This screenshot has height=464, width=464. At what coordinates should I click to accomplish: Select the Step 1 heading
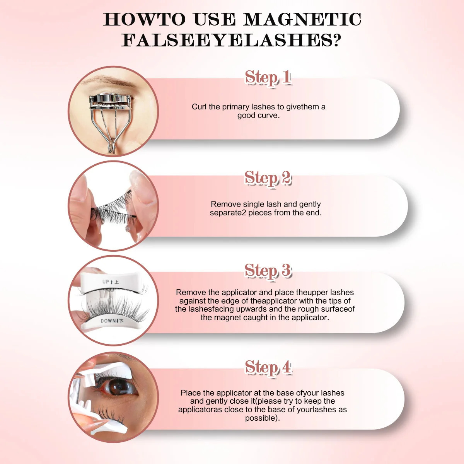[268, 78]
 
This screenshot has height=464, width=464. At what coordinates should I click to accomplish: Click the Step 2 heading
[268, 178]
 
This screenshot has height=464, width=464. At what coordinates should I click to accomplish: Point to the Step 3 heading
[268, 271]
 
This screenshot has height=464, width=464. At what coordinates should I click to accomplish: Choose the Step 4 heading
[268, 367]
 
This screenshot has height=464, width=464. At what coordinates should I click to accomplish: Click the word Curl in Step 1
[199, 107]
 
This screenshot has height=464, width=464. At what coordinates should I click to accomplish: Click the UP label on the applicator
[106, 282]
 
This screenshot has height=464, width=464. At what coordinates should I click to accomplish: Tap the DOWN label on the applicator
[108, 321]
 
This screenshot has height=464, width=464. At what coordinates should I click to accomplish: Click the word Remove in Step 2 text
[225, 204]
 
